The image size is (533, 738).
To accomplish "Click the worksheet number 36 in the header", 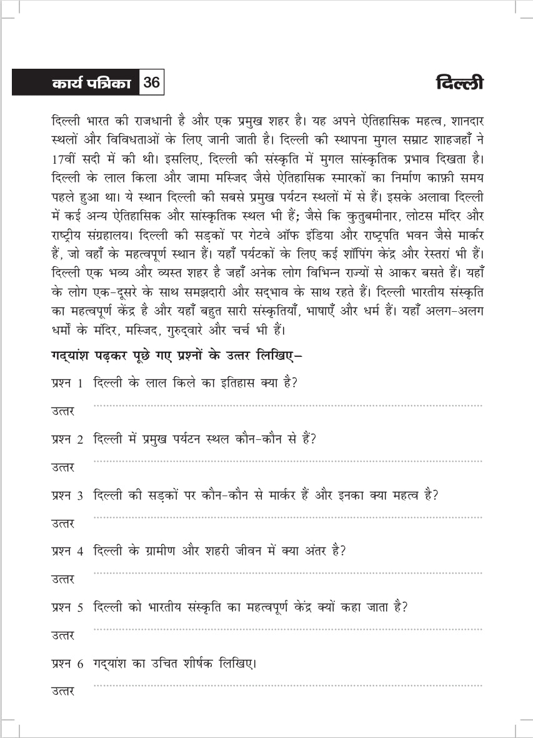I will pyautogui.click(x=152, y=82).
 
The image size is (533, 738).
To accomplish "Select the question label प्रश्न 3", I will pyautogui.click(x=67, y=496).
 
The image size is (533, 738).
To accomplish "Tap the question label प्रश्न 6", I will pyautogui.click(x=67, y=664).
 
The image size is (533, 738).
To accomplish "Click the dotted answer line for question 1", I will pyautogui.click(x=287, y=406).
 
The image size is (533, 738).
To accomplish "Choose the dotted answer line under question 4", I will pyautogui.click(x=287, y=573).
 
